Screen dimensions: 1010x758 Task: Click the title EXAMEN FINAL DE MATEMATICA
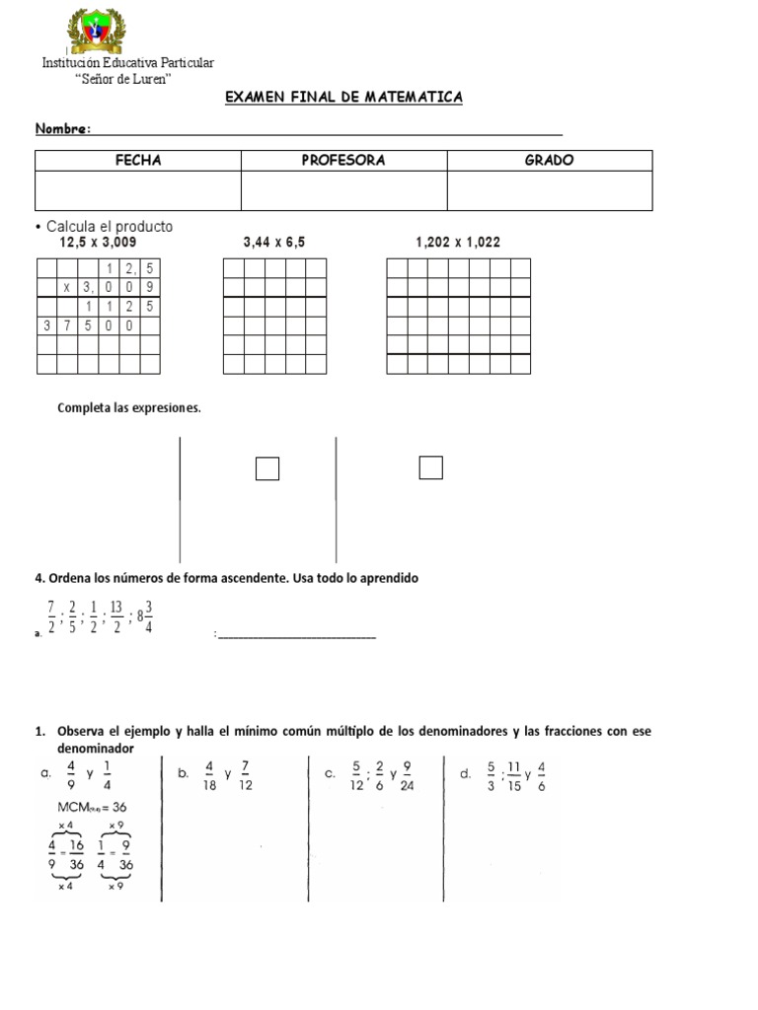pyautogui.click(x=343, y=98)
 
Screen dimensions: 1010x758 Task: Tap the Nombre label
pyautogui.click(x=63, y=129)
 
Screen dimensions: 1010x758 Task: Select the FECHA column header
pyautogui.click(x=138, y=160)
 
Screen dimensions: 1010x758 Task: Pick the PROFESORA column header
pyautogui.click(x=343, y=160)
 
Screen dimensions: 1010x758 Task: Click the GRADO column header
pyautogui.click(x=550, y=160)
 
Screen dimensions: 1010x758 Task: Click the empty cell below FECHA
pyautogui.click(x=138, y=190)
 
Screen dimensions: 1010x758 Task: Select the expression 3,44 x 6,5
pyautogui.click(x=274, y=242)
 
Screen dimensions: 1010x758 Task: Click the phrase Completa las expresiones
pyautogui.click(x=129, y=407)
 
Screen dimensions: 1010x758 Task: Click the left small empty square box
pyautogui.click(x=267, y=469)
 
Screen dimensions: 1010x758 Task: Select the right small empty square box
pyautogui.click(x=430, y=468)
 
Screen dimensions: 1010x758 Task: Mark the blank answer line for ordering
pyautogui.click(x=297, y=636)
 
